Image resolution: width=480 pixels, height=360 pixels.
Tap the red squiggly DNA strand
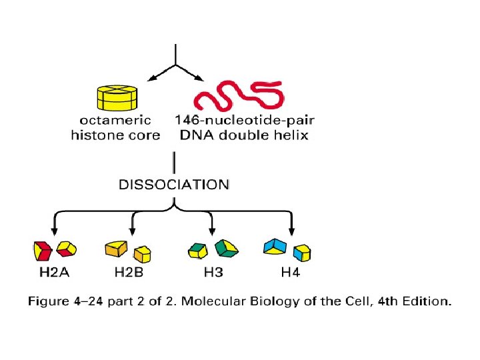pos(238,97)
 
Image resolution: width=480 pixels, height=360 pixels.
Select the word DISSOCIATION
pos(174,184)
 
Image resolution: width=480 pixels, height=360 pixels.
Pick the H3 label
pos(214,273)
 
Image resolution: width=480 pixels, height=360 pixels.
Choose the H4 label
pos(290,273)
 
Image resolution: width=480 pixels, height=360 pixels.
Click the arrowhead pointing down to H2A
pos(53,230)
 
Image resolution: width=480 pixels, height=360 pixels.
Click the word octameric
pos(116,121)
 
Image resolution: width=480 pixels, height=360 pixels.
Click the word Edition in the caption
pos(425,301)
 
